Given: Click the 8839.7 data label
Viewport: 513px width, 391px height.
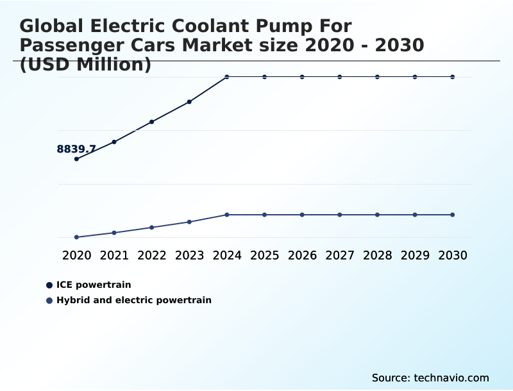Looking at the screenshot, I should (76, 149).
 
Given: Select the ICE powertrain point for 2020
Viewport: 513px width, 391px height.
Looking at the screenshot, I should (77, 159).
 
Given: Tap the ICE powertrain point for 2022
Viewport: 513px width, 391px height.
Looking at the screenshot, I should (152, 122).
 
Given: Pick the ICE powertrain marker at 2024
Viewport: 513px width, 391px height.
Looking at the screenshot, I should (227, 77).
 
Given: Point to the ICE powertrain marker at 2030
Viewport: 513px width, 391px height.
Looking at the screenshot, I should (453, 77).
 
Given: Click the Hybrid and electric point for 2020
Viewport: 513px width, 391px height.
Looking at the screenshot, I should (77, 237).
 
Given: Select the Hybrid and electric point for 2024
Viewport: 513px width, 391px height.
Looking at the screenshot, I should (227, 215).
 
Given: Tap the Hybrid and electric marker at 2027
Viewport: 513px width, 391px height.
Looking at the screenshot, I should (340, 215).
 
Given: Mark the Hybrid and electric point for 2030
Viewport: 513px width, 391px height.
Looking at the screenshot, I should (453, 215).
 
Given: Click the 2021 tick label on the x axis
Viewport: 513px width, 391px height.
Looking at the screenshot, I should (114, 256).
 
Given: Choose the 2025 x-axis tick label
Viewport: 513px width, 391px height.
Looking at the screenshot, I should (264, 256).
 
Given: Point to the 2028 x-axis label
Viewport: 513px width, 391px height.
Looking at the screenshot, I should (377, 256).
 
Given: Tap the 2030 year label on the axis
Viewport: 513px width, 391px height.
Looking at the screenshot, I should (453, 256).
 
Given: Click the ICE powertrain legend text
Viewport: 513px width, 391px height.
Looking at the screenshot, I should (94, 285).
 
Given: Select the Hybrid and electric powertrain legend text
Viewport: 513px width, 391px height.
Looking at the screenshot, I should (134, 300).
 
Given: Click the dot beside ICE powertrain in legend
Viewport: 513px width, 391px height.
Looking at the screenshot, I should (49, 285).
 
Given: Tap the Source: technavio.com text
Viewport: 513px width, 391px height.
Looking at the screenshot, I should (430, 378).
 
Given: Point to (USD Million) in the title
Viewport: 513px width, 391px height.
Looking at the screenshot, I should (85, 64).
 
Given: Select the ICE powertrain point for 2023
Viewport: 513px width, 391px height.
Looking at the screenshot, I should (189, 102).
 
